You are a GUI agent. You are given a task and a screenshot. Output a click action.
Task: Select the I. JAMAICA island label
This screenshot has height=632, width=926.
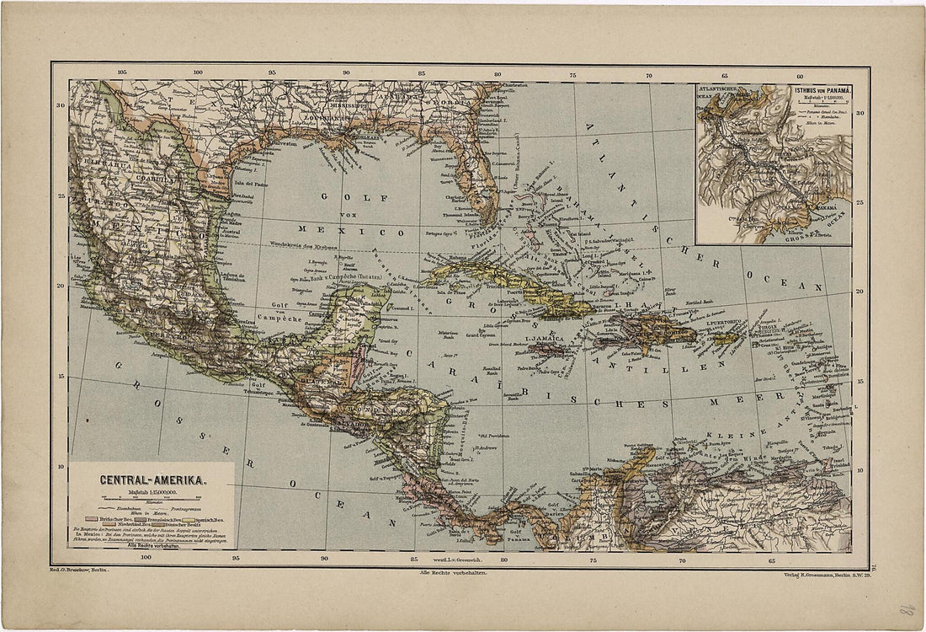tap(543, 339)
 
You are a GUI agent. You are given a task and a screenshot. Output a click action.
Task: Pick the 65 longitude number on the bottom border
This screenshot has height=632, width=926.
tap(771, 559)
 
